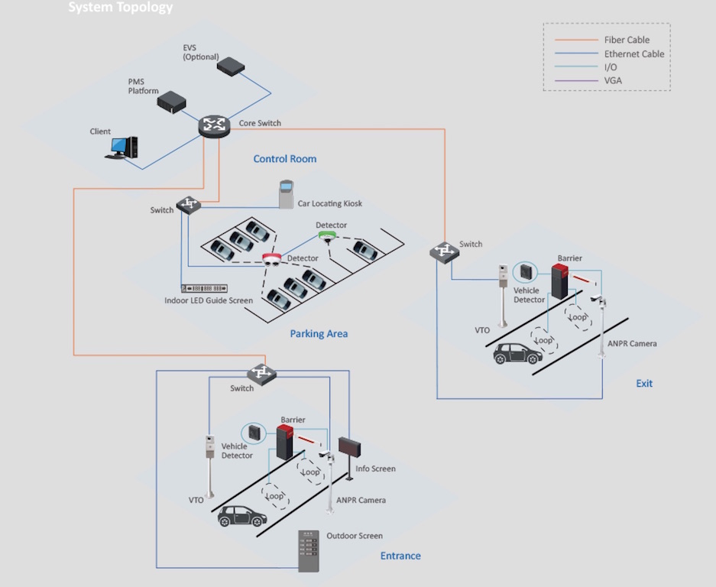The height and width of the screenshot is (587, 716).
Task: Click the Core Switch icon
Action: point(214,126)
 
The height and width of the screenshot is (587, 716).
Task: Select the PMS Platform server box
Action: point(173,101)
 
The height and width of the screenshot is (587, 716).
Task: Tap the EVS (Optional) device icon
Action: point(230,66)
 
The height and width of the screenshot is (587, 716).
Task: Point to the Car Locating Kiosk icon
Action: point(287,194)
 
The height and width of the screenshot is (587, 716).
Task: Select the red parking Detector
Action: point(272,260)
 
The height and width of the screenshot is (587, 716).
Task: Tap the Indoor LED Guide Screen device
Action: point(204,288)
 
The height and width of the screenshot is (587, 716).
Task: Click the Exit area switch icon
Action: point(442,251)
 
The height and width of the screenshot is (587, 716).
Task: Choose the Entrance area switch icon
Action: point(261,373)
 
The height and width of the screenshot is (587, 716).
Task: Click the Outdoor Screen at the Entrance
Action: point(308,550)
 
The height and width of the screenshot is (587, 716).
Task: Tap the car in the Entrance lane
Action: point(242,517)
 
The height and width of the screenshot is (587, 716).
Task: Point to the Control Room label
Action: point(284,159)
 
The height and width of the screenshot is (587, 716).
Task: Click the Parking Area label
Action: point(319,334)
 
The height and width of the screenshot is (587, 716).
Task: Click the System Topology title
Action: point(121,8)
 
